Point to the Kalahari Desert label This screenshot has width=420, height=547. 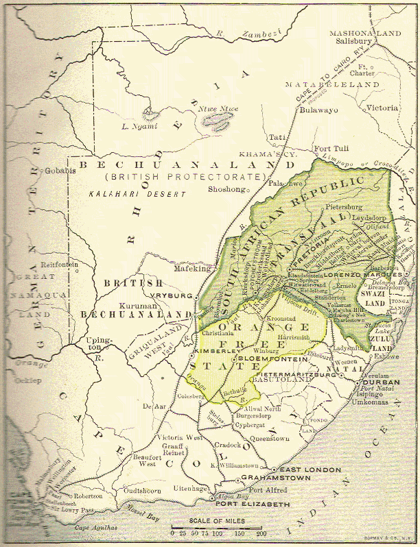137,195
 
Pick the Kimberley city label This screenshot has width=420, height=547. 207,350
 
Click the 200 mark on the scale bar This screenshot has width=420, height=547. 261,533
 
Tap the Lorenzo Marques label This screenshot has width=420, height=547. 361,273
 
